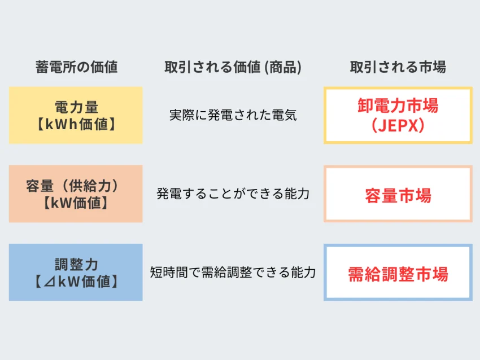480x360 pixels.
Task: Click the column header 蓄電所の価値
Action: [77, 67]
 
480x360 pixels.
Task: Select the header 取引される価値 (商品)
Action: [233, 67]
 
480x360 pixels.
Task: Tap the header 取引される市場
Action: [398, 67]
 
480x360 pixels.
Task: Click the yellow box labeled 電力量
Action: [76, 115]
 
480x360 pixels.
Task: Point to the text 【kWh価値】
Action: [76, 125]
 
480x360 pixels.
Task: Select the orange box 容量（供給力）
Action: [76, 194]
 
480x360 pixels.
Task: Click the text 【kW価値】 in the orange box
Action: [76, 203]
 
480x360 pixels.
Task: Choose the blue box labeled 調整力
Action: [76, 272]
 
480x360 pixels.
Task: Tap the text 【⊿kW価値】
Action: [76, 282]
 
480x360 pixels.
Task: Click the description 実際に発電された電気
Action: [233, 115]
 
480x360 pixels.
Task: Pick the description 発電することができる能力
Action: [233, 194]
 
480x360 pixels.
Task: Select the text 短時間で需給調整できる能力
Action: [233, 272]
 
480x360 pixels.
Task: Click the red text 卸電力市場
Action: [398, 106]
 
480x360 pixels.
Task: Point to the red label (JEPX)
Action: [398, 125]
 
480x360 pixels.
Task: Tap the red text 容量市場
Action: [398, 196]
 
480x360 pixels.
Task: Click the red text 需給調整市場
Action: [398, 274]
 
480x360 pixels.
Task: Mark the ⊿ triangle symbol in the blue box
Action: [49, 282]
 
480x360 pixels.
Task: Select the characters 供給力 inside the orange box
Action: [89, 186]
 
